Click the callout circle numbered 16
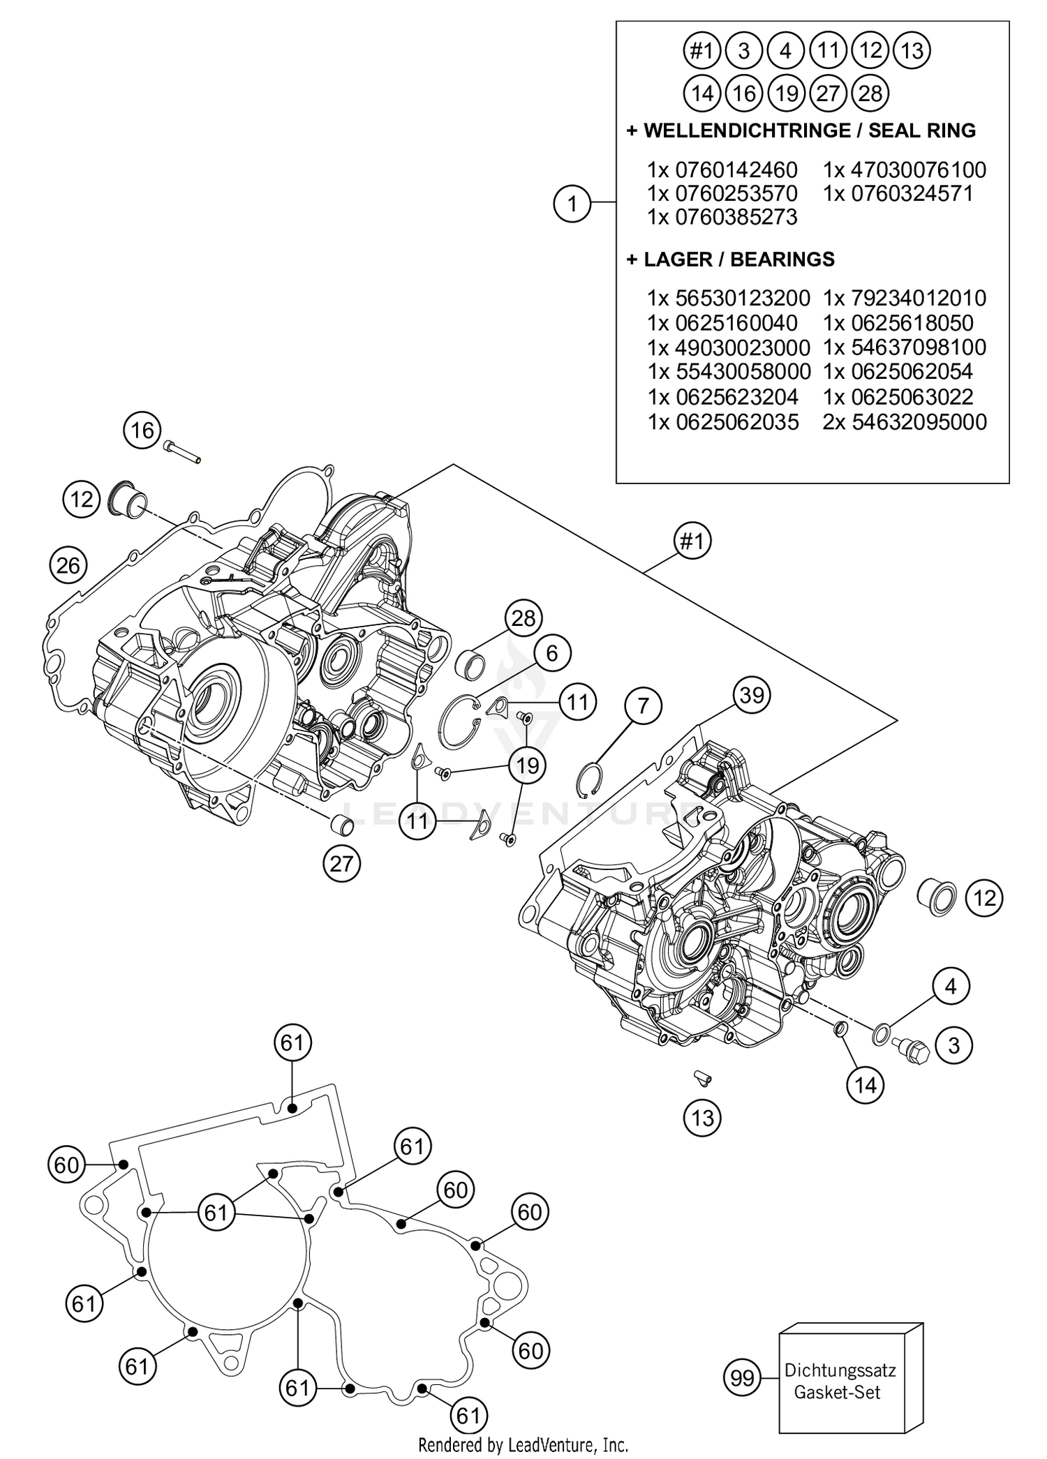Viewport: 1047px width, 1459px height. (142, 430)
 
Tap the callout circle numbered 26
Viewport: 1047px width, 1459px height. (68, 564)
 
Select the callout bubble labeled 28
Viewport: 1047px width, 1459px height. (523, 618)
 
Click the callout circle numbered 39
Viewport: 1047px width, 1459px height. (751, 695)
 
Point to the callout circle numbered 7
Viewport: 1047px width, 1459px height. (643, 705)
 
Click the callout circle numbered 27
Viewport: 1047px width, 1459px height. (341, 864)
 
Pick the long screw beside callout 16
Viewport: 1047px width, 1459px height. (184, 451)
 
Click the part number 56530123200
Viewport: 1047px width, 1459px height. (742, 298)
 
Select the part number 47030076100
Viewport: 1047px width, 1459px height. (918, 170)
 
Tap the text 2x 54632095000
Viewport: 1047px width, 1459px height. (905, 421)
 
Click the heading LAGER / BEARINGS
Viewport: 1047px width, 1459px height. (738, 260)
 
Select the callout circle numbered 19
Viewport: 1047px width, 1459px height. (528, 765)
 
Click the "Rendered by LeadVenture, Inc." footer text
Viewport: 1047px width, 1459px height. (523, 1444)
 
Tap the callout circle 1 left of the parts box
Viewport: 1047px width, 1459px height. (572, 204)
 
